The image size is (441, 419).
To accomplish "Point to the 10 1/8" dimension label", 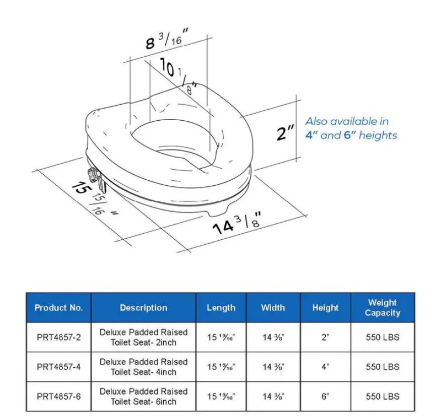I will click(178, 74).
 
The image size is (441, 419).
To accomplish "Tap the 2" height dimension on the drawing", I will click(286, 133).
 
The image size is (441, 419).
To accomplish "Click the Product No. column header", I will click(58, 308).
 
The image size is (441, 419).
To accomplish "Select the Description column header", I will click(143, 308).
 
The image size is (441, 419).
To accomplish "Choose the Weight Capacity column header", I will click(382, 308).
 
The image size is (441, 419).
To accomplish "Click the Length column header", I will click(221, 308).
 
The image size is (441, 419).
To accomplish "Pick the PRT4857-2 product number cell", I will click(58, 337).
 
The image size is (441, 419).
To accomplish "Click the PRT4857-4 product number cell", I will click(58, 367).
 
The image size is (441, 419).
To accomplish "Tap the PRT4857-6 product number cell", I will click(58, 396).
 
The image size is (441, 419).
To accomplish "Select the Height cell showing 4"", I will click(325, 367).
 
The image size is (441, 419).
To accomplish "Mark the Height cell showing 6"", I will click(325, 396).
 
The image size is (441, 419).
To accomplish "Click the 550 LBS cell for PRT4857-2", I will click(382, 337).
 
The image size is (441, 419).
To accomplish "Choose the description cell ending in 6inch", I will click(143, 396).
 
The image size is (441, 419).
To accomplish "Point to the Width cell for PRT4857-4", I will click(273, 367).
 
